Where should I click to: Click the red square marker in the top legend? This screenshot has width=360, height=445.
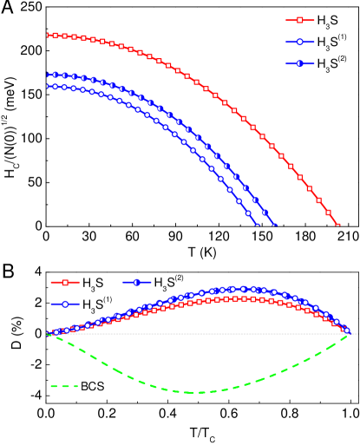click(300, 20)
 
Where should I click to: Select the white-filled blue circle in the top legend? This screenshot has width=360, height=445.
click(300, 42)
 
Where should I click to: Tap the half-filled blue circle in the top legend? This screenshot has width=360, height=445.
click(300, 63)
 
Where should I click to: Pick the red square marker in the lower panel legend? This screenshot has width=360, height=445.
click(64, 282)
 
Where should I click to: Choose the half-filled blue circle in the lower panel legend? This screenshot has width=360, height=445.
click(137, 282)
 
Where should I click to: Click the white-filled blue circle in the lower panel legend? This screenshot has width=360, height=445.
click(64, 304)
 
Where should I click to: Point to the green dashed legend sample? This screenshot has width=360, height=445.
click(64, 386)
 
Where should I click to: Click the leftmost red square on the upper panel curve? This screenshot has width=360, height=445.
click(48, 36)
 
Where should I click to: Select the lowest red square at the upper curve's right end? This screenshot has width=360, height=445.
click(337, 226)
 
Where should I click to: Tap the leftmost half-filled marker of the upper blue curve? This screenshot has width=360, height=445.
click(48, 75)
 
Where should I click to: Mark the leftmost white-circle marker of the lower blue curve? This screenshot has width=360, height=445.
click(48, 86)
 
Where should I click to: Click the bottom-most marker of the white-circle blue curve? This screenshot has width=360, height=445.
click(257, 226)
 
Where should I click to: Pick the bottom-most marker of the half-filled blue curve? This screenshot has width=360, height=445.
click(274, 226)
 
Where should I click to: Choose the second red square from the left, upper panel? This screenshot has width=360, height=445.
click(56, 36)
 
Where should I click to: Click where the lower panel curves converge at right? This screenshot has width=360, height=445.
click(346, 331)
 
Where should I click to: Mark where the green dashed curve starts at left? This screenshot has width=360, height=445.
click(49, 335)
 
